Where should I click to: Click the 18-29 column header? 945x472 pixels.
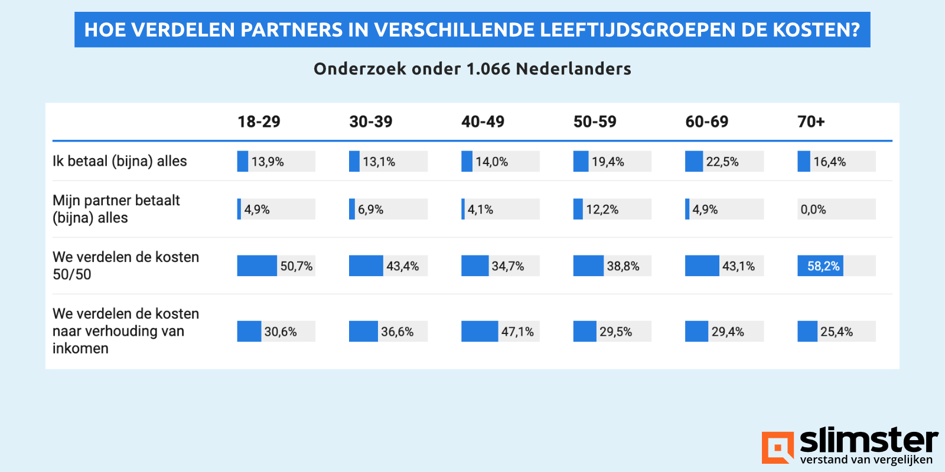pos(259,122)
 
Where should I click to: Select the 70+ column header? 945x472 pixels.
pos(811,122)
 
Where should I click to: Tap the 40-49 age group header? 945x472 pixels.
pos(483,122)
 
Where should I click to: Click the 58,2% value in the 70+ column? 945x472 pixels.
pos(823,266)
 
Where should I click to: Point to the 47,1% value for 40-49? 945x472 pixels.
pos(517,332)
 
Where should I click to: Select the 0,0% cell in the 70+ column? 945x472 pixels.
pos(813,209)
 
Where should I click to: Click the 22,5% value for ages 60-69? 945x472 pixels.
pos(722,162)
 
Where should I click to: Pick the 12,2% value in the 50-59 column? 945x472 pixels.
pos(602,209)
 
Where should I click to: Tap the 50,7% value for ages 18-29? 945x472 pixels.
pos(296,266)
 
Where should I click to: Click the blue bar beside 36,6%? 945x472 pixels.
pos(363,332)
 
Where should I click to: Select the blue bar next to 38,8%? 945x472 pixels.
pos(588,266)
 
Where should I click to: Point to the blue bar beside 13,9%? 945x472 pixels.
pos(242,162)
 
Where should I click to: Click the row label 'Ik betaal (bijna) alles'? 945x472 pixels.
pos(120,161)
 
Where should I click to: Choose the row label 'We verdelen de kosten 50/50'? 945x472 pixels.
pos(125,265)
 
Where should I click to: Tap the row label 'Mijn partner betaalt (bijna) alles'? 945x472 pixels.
pos(116,209)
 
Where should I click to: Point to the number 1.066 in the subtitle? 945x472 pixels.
pos(488,69)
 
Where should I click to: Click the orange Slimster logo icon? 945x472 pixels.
pos(777,447)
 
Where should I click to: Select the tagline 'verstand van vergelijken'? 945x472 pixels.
pos(866,460)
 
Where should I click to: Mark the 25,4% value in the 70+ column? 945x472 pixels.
pos(836,332)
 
